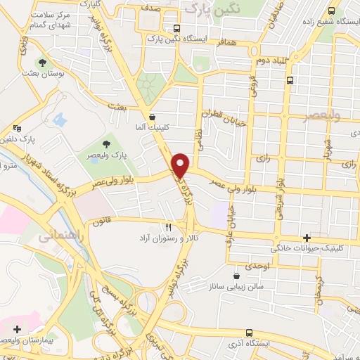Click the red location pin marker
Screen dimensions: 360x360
coord(181,165)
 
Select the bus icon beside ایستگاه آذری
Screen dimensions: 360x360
coord(249,333)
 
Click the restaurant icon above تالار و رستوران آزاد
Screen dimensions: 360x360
coord(168,227)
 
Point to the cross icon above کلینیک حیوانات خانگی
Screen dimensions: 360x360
coord(306,238)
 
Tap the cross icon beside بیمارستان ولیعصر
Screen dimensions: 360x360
coord(17,328)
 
